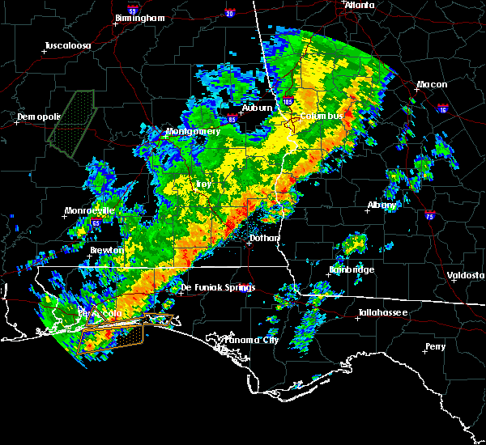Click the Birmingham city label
coord(139,18)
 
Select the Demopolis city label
coord(38,117)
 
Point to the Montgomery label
coord(193,131)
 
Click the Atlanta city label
coord(360,5)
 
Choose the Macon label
coord(432,85)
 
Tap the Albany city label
coord(382,206)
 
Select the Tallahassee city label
coord(383,312)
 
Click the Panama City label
coord(249,340)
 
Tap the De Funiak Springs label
coord(217,287)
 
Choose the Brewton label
coord(106,251)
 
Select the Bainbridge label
coord(352,269)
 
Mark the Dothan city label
coord(264,238)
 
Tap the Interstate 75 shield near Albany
coord(429,215)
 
